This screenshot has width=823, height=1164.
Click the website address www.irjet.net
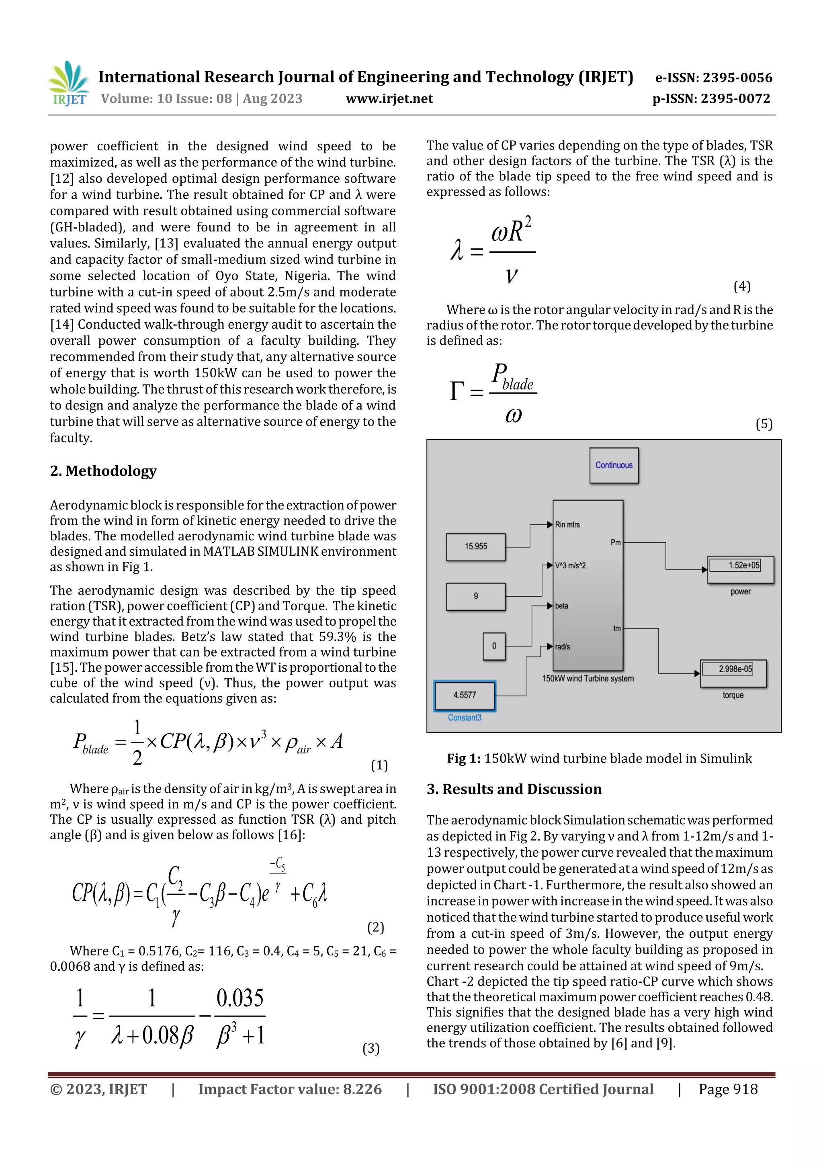(x=389, y=98)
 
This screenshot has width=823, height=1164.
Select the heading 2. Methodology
(x=103, y=471)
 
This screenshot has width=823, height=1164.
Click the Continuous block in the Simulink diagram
(x=614, y=465)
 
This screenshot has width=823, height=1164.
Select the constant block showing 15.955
(x=476, y=546)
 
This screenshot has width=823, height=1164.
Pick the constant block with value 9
(x=476, y=596)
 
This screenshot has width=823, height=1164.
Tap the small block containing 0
(x=494, y=646)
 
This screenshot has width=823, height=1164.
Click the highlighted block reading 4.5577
(x=465, y=695)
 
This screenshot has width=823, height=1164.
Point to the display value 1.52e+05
(x=743, y=565)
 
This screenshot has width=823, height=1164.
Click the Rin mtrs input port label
(x=567, y=525)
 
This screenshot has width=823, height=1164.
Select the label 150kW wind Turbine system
(x=588, y=678)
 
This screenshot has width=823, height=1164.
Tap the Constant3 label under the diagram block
(x=465, y=717)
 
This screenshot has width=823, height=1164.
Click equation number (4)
(x=742, y=286)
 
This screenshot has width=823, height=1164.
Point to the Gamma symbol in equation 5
(x=457, y=391)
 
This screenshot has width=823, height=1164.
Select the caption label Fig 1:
(x=463, y=759)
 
